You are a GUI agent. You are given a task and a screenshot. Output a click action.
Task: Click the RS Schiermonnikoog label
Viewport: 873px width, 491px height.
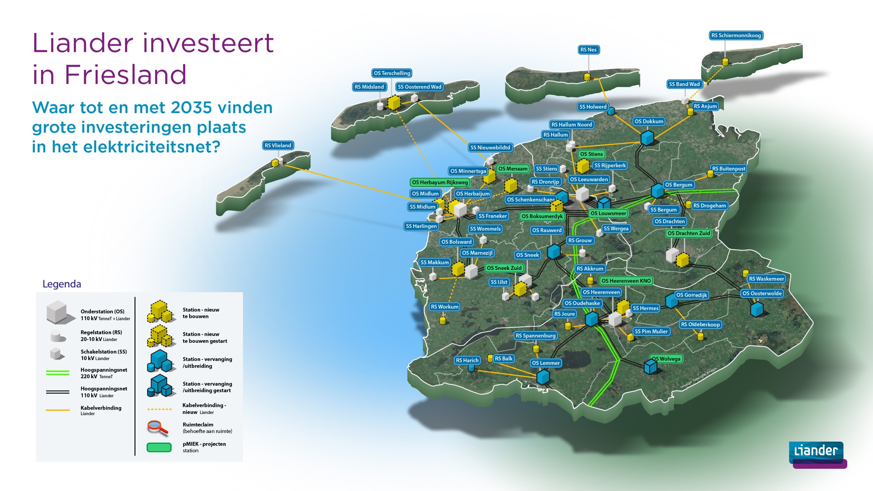736,35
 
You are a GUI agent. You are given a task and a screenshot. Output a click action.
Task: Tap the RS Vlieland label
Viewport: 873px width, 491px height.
278,145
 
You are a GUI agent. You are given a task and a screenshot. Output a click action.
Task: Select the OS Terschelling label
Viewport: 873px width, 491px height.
392,73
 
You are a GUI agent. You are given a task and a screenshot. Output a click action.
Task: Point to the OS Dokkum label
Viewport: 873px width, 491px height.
649,121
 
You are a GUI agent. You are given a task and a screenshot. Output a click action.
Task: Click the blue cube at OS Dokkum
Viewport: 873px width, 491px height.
648,138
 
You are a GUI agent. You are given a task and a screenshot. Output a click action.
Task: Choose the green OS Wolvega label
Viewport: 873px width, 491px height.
666,359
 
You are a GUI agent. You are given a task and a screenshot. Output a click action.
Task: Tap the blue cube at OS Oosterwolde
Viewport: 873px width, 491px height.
757,309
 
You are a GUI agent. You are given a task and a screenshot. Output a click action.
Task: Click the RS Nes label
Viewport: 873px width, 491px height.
588,50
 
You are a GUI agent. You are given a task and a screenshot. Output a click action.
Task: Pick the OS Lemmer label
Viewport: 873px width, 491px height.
546,363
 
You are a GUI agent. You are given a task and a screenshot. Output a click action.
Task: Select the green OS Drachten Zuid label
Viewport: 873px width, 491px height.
689,233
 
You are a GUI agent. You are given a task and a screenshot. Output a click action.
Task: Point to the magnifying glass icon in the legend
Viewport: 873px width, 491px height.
158,427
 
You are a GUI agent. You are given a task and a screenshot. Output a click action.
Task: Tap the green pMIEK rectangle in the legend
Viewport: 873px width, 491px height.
159,447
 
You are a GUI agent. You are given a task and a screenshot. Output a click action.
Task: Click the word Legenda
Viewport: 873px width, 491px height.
62,284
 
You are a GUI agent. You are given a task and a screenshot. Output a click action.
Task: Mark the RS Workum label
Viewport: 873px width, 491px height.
445,306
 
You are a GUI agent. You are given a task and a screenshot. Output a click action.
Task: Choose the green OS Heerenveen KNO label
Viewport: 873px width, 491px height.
626,281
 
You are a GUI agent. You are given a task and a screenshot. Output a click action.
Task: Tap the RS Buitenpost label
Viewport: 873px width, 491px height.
728,169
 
